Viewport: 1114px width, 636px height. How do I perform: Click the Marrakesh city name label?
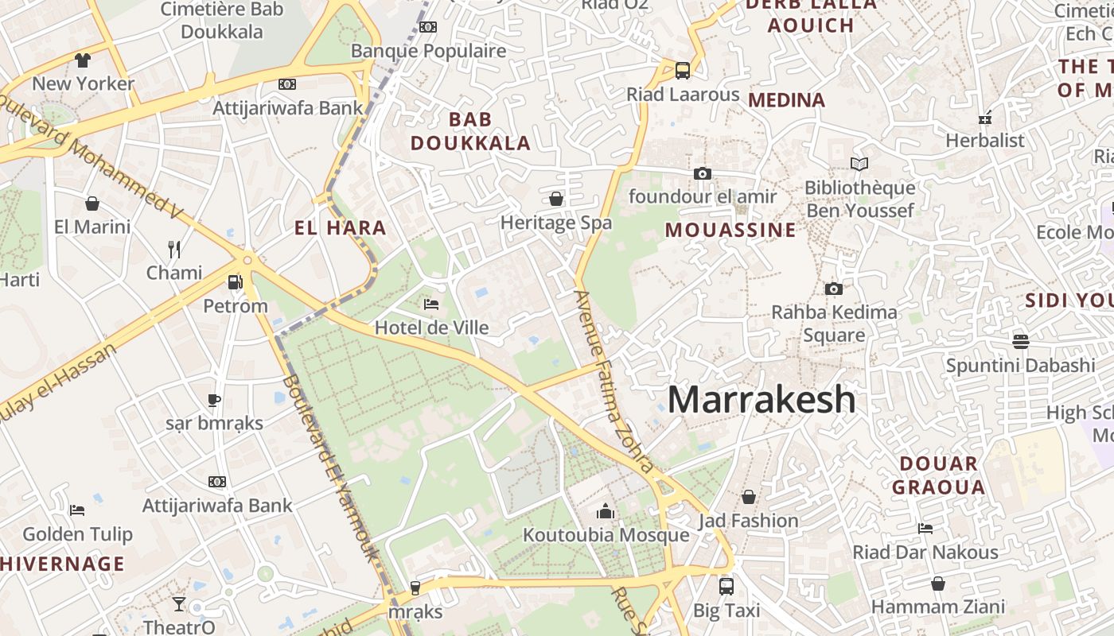[761, 399]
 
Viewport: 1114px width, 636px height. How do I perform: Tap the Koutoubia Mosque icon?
[606, 511]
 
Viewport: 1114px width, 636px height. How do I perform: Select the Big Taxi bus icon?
[726, 587]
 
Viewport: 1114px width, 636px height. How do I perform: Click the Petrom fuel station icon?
[235, 282]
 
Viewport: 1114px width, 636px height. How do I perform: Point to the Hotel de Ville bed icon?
[431, 304]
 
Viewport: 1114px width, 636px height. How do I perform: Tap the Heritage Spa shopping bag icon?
[556, 198]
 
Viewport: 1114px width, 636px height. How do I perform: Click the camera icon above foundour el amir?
[702, 173]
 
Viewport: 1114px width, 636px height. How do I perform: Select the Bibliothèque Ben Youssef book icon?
[859, 165]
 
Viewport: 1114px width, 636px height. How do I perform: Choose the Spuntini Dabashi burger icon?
[1020, 341]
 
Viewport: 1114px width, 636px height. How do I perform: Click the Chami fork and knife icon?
[174, 250]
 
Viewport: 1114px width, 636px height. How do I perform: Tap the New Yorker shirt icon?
[83, 60]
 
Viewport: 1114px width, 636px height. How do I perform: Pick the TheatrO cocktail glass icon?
[179, 604]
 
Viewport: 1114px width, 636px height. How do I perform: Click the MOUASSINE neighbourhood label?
[730, 231]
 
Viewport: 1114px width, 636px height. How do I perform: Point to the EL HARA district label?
[340, 228]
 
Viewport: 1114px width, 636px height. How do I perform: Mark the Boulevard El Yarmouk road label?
[328, 465]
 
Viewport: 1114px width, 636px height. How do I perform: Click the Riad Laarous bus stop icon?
[682, 70]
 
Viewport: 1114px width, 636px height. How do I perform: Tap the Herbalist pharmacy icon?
[985, 118]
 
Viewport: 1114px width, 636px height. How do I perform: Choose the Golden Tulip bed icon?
[77, 510]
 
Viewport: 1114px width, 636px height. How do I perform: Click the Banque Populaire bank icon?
[428, 27]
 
